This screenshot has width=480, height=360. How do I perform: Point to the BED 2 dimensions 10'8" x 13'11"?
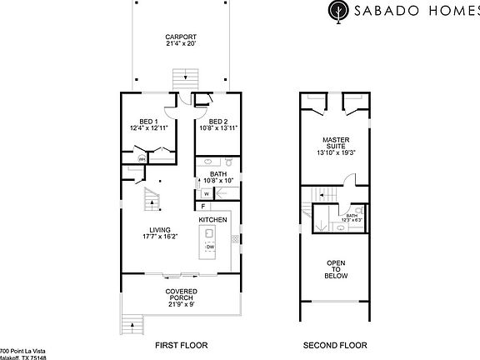pos(217,128)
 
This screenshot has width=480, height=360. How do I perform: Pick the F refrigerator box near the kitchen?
pos(202,206)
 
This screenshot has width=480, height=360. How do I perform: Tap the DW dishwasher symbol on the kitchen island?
pos(210,247)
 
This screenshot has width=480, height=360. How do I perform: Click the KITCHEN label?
pos(212,220)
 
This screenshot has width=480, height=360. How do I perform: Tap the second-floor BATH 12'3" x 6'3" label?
pos(352,217)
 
